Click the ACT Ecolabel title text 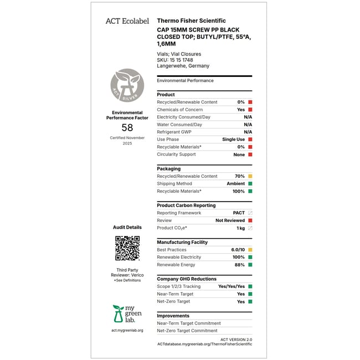127,21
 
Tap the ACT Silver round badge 127,85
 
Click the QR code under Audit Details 127,248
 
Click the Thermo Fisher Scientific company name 191,20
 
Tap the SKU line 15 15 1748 175,60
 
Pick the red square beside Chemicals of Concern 250,110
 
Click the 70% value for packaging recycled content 239,176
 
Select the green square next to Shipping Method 250,183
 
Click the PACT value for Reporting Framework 239,213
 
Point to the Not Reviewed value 230,220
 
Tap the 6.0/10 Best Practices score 238,250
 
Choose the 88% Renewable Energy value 239,265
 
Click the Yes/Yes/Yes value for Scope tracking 232,286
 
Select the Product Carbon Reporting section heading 186,205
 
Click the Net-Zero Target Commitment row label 187,331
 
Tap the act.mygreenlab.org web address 127,331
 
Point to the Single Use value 233,140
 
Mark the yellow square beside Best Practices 250,250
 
